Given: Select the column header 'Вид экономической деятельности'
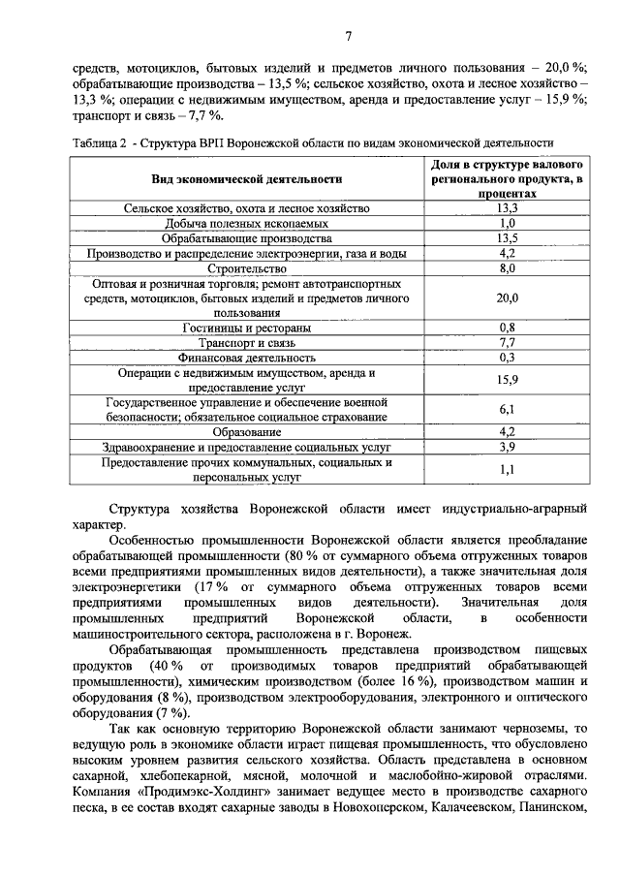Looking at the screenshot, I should pyautogui.click(x=247, y=178).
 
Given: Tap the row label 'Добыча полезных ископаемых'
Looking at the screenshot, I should pyautogui.click(x=247, y=223).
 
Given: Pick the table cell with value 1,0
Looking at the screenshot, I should pyautogui.click(x=506, y=223).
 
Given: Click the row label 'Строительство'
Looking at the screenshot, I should pyautogui.click(x=247, y=268).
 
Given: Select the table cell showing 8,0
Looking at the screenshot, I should pyautogui.click(x=506, y=268).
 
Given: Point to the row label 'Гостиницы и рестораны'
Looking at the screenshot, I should pyautogui.click(x=247, y=328).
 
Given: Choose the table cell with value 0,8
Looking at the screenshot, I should pyautogui.click(x=506, y=328).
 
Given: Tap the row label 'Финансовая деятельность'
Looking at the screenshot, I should pyautogui.click(x=247, y=358).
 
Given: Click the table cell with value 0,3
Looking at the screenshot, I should pyautogui.click(x=506, y=358).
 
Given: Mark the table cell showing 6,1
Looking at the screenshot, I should pyautogui.click(x=506, y=409).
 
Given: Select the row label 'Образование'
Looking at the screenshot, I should pyautogui.click(x=247, y=431).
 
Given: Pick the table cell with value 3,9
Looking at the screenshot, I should pyautogui.click(x=506, y=447).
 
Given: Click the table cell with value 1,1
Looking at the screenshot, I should pyautogui.click(x=506, y=470).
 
